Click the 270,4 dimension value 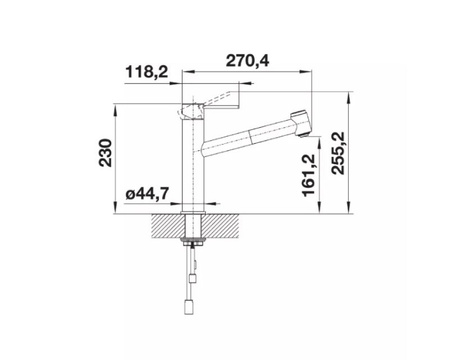tap(247, 61)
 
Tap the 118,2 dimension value tap(146, 72)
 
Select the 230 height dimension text tap(106, 153)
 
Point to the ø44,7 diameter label tap(147, 194)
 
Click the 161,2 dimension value tap(308, 175)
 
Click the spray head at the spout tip tap(300, 122)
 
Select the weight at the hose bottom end tap(189, 307)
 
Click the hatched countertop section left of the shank tap(168, 226)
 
